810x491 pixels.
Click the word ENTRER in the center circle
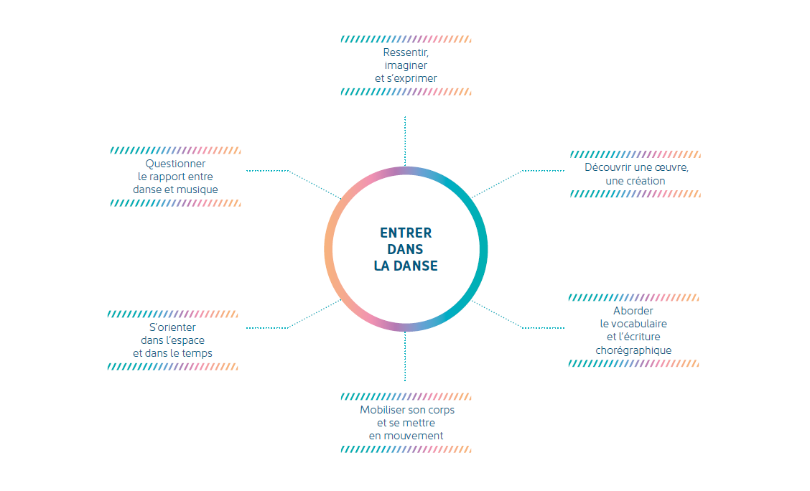tap(406, 233)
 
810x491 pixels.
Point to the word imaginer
tap(406, 65)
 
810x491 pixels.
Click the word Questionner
tap(175, 164)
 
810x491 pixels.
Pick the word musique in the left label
tap(198, 190)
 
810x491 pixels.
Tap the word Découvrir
tap(608, 167)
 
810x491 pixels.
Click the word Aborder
tap(633, 311)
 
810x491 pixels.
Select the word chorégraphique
tap(633, 350)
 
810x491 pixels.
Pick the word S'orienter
tap(172, 327)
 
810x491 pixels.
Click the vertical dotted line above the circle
tap(405, 141)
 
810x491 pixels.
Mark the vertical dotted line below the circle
tap(405, 356)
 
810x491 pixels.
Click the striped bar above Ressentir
tap(406, 39)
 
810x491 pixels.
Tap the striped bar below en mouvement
tap(406, 449)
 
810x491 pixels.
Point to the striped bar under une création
tap(636, 194)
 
